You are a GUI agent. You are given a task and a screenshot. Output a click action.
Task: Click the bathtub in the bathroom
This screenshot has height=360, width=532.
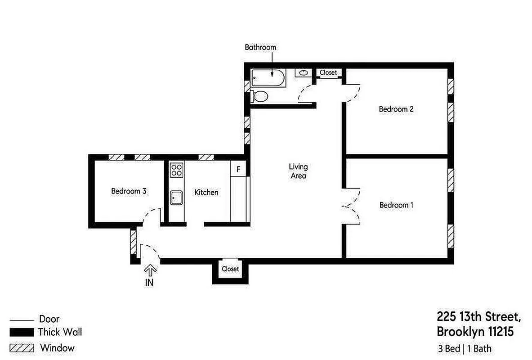point(268,78)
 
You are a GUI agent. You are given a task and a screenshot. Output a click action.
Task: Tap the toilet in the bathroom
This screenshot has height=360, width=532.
point(260,96)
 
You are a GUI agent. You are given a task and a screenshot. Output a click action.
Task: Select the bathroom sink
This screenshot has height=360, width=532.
point(303,72)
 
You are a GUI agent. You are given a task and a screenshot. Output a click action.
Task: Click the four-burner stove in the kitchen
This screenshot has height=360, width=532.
point(176,170)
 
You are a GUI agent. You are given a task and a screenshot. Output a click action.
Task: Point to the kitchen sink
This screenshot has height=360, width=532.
point(176,197)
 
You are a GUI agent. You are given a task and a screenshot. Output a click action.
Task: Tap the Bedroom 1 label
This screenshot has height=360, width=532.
point(396,205)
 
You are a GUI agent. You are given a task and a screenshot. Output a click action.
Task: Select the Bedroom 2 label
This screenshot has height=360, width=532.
point(396,109)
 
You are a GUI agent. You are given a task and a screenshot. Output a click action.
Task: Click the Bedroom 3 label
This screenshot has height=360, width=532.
point(129,191)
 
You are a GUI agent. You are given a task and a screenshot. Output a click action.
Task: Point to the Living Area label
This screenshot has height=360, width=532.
point(298,171)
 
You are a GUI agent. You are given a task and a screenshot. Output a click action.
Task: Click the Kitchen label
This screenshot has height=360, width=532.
point(206,193)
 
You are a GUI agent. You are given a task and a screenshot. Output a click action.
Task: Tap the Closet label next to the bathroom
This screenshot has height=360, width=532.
point(328,72)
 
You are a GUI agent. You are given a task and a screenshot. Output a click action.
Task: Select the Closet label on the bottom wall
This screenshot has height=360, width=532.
point(230,269)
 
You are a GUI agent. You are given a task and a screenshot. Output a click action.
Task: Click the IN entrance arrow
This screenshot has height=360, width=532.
point(150,271)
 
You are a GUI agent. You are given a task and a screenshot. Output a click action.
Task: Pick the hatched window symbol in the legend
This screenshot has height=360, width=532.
point(22,348)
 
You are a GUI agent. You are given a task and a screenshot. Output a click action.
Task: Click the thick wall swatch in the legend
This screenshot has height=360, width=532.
point(22,333)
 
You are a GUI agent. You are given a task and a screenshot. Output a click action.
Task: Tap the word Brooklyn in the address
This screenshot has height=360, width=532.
point(460,332)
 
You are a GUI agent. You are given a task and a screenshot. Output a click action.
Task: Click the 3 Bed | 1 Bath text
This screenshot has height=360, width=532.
point(465,348)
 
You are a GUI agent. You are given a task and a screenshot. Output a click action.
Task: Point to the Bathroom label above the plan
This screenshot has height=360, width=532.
point(260,47)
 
